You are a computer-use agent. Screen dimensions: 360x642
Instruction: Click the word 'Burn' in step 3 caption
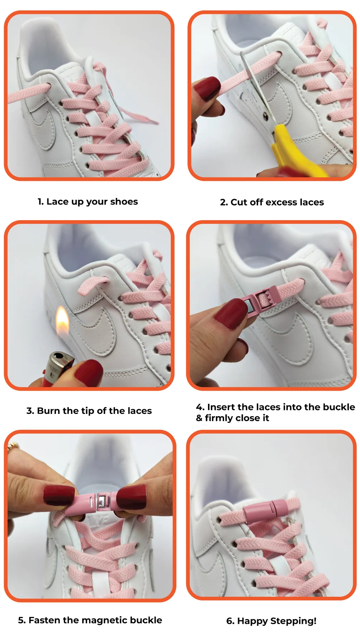[x=48, y=411]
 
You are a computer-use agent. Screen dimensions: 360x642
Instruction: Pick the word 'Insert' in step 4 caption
[x=221, y=407]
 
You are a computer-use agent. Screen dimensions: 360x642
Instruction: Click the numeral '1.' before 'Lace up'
[x=41, y=202]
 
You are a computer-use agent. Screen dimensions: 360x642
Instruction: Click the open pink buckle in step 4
[x=260, y=301]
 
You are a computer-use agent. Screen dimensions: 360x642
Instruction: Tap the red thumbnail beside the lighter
[x=88, y=373]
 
